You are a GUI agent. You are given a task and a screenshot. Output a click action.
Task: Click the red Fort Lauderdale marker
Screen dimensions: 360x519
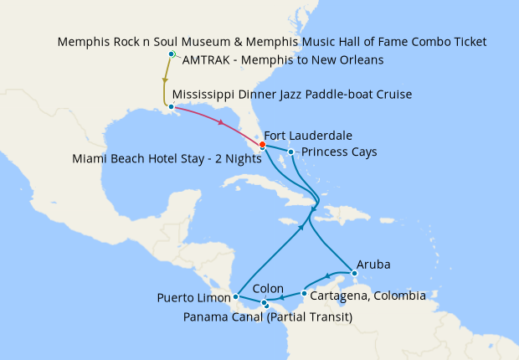coord(262,144)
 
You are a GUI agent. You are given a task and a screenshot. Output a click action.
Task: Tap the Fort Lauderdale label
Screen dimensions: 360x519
coord(307,135)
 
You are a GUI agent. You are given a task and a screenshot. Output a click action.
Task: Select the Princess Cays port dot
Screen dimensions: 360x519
coord(290,152)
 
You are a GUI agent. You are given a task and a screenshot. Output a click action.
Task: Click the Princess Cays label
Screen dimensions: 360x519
coord(339,152)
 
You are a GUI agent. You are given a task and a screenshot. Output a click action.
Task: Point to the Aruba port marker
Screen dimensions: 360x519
coord(355,274)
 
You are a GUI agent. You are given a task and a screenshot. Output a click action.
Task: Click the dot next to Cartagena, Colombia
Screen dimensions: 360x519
coord(303,294)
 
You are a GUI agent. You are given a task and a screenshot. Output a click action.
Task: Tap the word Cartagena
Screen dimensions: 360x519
coord(338,296)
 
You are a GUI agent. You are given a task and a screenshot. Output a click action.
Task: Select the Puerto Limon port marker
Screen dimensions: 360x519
coord(236,296)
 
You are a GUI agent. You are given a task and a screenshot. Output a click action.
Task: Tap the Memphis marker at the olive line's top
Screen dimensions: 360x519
coord(171,54)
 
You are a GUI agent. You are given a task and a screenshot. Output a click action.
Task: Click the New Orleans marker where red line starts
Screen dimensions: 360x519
coord(171,106)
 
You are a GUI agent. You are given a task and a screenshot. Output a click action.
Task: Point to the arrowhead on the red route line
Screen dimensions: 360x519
coord(221,125)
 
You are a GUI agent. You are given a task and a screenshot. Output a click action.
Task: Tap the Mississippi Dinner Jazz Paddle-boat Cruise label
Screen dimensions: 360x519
coord(291,95)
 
